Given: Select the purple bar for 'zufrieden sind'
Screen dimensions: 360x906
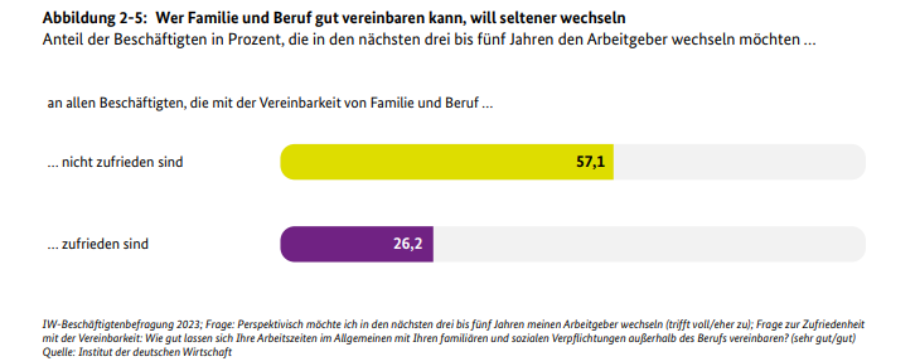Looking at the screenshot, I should (x=340, y=244).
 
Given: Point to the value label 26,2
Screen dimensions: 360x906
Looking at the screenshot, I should (x=408, y=244).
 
